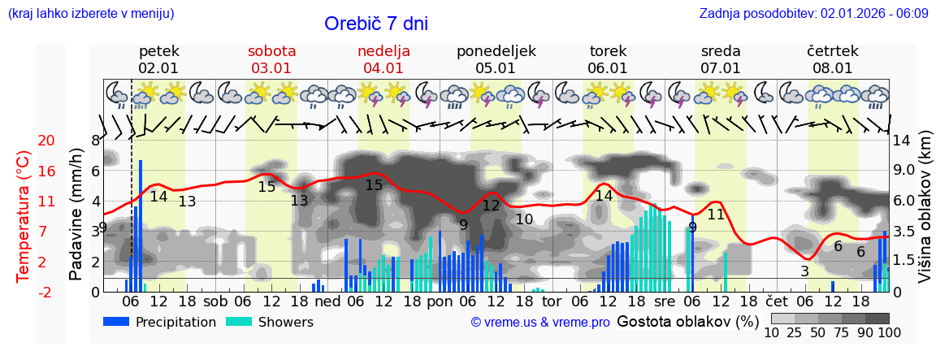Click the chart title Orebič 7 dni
(x=375, y=24)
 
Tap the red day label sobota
(x=271, y=51)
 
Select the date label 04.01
(x=383, y=68)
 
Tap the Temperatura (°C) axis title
(x=23, y=217)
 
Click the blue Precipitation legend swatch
(x=117, y=322)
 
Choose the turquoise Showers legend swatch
(x=239, y=322)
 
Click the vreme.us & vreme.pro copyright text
(x=539, y=323)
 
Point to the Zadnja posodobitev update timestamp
(x=813, y=13)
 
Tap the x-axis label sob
(x=216, y=301)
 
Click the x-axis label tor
(x=552, y=301)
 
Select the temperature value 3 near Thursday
(x=804, y=271)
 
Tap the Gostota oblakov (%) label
(x=687, y=321)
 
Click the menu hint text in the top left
(x=90, y=13)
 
